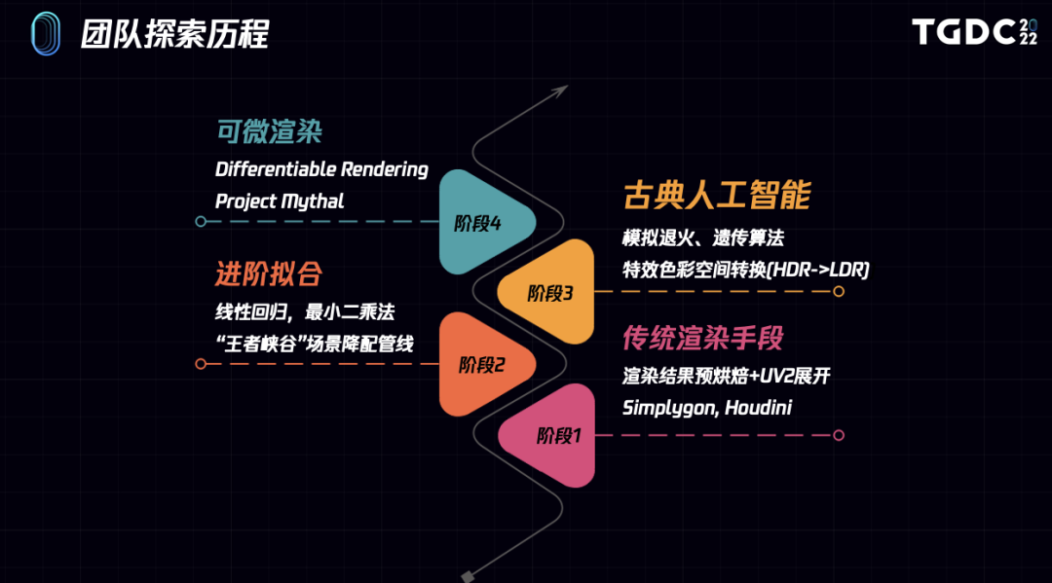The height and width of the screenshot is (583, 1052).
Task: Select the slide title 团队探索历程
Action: pos(175,34)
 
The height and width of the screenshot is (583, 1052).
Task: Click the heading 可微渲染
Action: pos(270,131)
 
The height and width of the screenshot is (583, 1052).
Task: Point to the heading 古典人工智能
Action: pos(717,196)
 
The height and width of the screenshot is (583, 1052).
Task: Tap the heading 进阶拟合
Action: pos(269,273)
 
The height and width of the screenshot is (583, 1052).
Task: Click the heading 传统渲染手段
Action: pos(703,339)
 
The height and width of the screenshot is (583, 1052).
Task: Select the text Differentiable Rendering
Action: pos(321,169)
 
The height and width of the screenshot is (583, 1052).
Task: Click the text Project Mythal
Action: pos(280,201)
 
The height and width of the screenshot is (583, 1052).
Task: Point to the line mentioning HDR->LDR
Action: pos(745,270)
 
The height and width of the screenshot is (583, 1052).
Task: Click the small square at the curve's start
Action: pos(469,574)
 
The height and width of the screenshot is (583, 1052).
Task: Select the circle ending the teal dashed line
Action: pos(201,222)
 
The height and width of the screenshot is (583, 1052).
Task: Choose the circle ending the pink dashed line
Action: pos(839,435)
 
